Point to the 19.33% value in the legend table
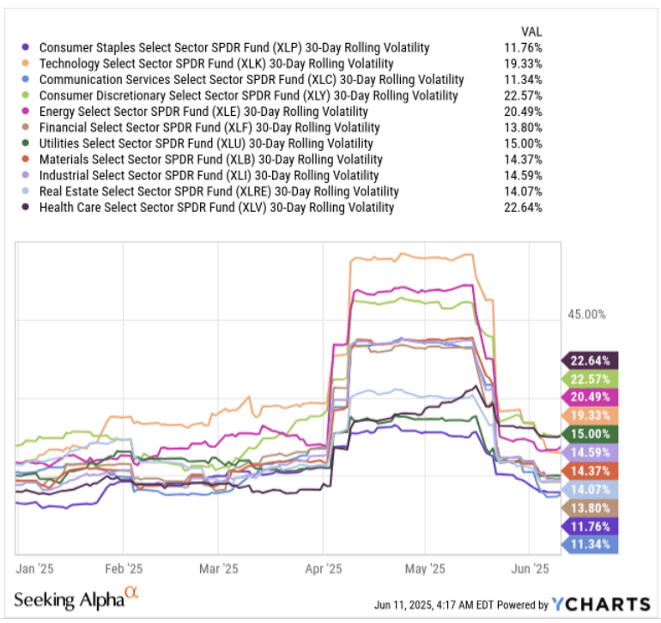click(x=525, y=64)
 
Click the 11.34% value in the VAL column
click(x=525, y=80)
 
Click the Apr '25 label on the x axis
click(x=324, y=568)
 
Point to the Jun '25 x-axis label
click(x=531, y=568)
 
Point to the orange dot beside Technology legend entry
click(x=28, y=64)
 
